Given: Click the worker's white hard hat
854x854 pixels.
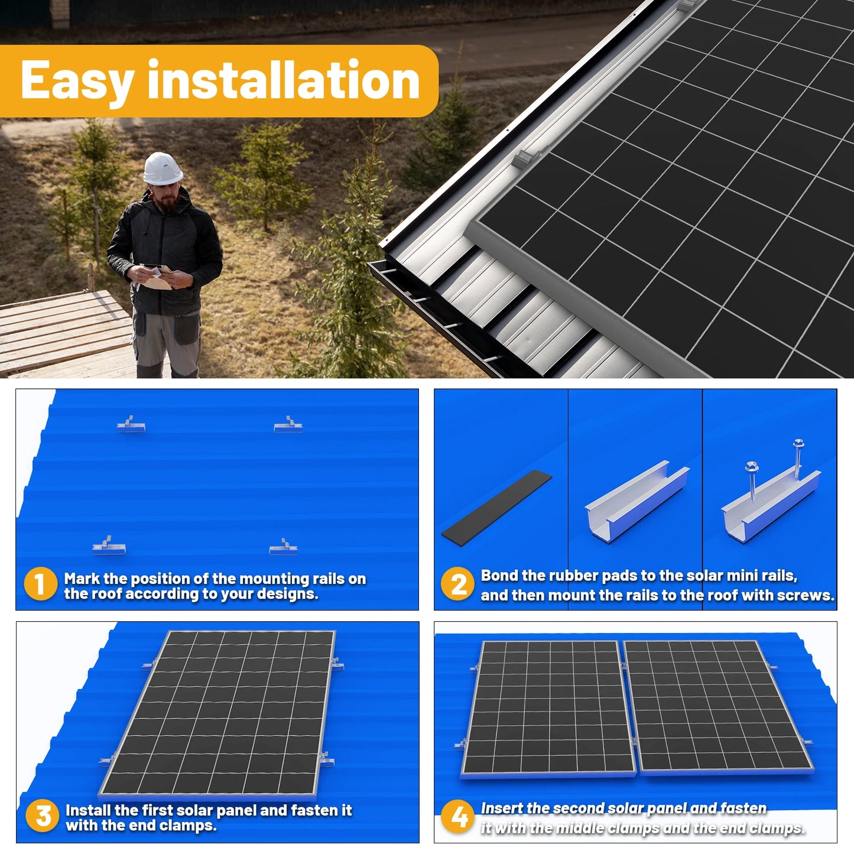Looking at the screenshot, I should tap(163, 168).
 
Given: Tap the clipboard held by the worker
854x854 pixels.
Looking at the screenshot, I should tap(157, 278).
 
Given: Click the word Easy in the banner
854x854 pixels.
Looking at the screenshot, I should tap(77, 82).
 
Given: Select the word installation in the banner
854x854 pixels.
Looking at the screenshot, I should tap(283, 80).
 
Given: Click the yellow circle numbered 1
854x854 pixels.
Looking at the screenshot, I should tap(40, 584).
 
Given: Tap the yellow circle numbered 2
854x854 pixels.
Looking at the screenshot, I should tap(458, 584).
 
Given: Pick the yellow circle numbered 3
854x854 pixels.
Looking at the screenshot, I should tap(43, 816).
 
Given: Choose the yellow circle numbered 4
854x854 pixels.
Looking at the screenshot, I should tap(459, 817).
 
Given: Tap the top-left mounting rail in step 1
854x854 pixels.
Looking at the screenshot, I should tap(131, 424).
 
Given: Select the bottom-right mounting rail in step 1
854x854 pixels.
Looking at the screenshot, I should tap(283, 547).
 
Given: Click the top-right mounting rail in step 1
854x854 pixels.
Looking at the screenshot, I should tap(288, 424).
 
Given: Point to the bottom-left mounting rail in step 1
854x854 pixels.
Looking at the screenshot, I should tap(108, 546).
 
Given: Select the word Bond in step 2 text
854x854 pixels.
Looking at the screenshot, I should tap(499, 576).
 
